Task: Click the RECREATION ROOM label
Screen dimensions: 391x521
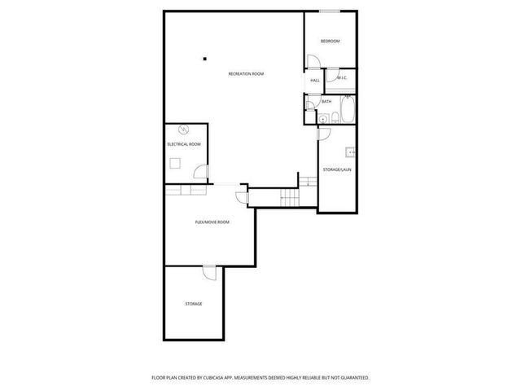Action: tap(246, 74)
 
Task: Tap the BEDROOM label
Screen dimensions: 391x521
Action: tap(330, 42)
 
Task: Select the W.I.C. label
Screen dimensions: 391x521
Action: tap(342, 78)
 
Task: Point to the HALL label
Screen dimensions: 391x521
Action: tap(314, 81)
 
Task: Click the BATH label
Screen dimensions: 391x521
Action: tap(326, 102)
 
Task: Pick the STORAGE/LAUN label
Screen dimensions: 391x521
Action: tap(337, 169)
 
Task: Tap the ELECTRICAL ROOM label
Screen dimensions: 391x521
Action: tap(184, 144)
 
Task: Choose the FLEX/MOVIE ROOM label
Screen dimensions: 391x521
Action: tap(212, 222)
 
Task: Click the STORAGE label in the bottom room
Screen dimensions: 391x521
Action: tap(193, 304)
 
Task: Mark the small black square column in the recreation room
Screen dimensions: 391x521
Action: tap(205, 58)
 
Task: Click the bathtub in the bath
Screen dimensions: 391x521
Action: tap(347, 111)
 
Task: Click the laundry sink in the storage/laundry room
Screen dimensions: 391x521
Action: tap(351, 151)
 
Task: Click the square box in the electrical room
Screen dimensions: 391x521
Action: tap(174, 162)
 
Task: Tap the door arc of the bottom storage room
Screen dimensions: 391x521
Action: tap(209, 273)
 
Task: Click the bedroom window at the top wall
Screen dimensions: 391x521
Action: tap(330, 11)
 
